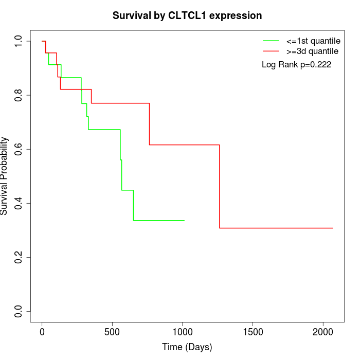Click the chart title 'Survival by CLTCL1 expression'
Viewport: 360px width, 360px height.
pos(187,15)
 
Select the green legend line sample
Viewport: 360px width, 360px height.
pos(271,40)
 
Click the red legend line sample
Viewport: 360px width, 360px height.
pos(271,51)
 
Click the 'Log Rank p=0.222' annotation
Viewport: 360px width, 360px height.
pos(297,65)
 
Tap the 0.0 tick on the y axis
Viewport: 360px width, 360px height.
pos(19,311)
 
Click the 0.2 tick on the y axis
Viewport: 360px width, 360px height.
pos(19,257)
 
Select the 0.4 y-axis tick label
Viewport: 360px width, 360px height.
pos(19,203)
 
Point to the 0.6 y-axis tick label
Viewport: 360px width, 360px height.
pos(19,149)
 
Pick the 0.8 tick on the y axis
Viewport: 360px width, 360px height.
pos(19,95)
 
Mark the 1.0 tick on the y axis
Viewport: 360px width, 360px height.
pos(19,41)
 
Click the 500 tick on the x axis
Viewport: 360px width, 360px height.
pos(112,333)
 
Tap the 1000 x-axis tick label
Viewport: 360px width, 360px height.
pos(183,333)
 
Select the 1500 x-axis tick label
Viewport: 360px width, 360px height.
pos(253,333)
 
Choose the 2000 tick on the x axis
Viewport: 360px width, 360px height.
pos(323,333)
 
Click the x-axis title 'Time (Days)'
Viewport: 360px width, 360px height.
pos(187,347)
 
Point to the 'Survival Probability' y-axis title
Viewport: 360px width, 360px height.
pos(5,176)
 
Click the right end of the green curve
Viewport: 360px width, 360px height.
pos(184,220)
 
